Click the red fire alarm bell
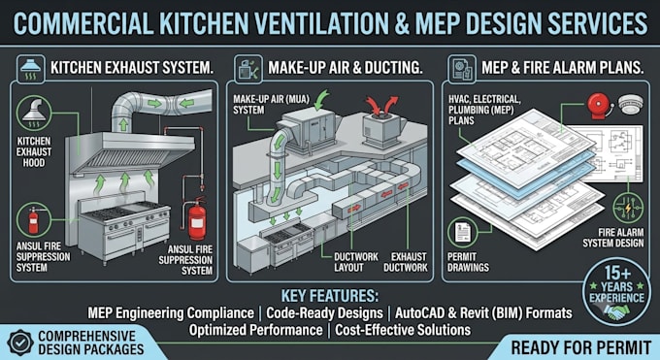pos(600,105)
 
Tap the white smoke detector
pos(631,104)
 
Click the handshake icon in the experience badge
pos(615,311)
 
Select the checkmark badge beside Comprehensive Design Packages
pos(19,343)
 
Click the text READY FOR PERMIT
pos(580,347)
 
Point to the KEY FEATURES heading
pos(330,296)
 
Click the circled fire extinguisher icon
pos(34,220)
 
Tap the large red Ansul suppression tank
pos(197,219)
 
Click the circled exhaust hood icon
pos(34,114)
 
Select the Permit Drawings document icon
pos(463,232)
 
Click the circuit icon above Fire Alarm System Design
pos(628,208)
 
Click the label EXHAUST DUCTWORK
pos(406,262)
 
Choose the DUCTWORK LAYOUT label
pos(356,262)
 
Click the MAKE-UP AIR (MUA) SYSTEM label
pos(271,105)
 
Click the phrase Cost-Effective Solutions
pos(403,330)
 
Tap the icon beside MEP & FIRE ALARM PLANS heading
pos(462,69)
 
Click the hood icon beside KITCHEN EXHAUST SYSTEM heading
pos(31,69)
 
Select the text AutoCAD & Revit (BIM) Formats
pos(483,313)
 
